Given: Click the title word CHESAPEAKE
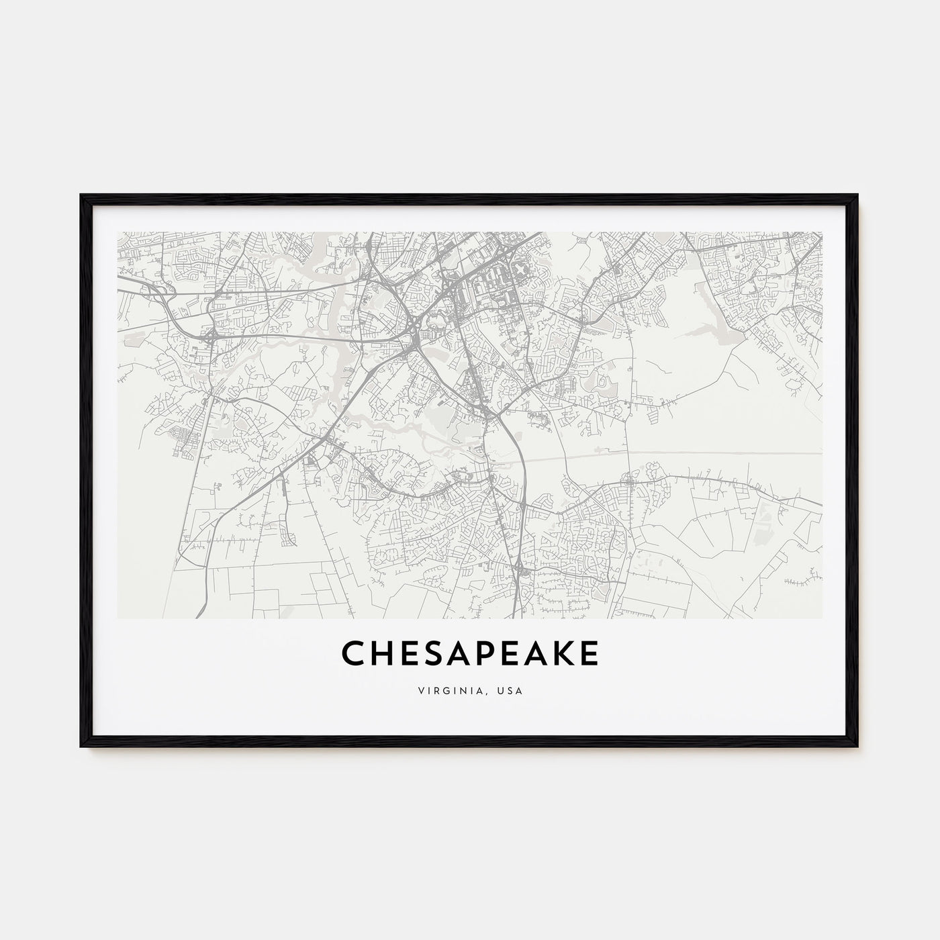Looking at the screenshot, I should tap(470, 653).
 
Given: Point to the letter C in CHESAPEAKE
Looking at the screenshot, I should tap(355, 653).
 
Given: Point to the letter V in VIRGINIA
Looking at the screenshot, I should tap(420, 690).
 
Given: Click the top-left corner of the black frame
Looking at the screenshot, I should tap(82, 195).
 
